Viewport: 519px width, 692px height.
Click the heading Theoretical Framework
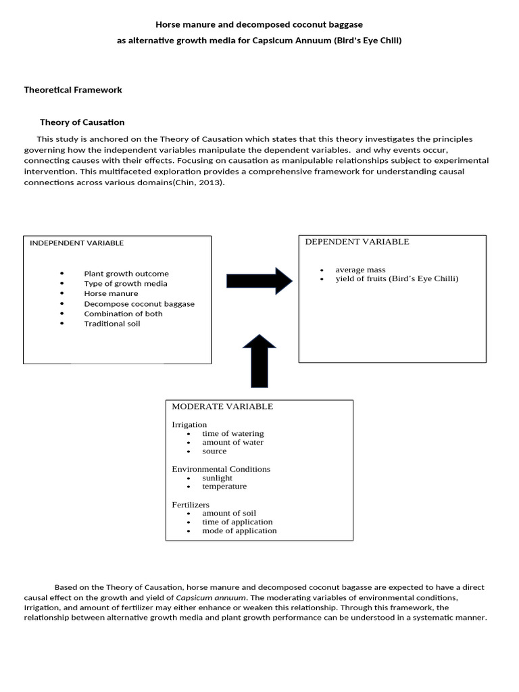click(x=73, y=90)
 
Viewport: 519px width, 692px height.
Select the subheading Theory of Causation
click(x=82, y=122)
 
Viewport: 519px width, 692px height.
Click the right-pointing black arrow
click(x=259, y=280)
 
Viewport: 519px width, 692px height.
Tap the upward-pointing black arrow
click(x=259, y=361)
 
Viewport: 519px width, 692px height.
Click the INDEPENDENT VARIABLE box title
click(x=76, y=243)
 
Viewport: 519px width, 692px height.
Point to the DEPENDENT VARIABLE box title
click(x=357, y=242)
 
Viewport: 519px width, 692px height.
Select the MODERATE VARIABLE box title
click(x=222, y=407)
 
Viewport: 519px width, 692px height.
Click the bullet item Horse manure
click(x=111, y=294)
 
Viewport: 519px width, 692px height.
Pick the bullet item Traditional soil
click(x=112, y=324)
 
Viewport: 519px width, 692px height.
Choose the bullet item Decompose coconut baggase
click(x=139, y=304)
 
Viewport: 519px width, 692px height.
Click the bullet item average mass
click(x=360, y=270)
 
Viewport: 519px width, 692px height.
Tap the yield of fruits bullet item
click(x=397, y=278)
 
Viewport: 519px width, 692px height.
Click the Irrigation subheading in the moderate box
click(x=189, y=424)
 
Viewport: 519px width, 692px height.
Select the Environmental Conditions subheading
click(x=221, y=469)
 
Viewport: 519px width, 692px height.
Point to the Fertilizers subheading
click(x=191, y=505)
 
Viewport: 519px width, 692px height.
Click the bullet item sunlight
click(x=217, y=478)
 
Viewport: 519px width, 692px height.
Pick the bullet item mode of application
click(x=239, y=530)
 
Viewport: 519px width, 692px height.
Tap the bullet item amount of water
click(x=232, y=442)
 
